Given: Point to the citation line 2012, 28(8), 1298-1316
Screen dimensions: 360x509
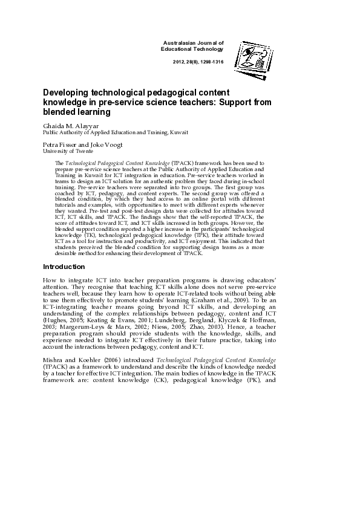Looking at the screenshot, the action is tap(198, 62).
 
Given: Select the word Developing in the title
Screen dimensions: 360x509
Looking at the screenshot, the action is tap(64, 93).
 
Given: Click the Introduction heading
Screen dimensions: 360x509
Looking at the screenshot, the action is tap(64, 267).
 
